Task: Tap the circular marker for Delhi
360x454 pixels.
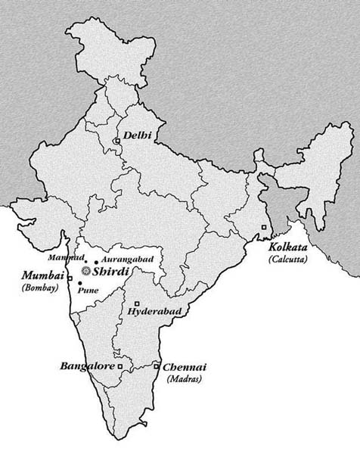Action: coord(116,141)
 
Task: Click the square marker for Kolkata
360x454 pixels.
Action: coord(263,228)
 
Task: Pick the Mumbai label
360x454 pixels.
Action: coord(40,275)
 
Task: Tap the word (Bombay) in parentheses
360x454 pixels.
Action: coord(40,288)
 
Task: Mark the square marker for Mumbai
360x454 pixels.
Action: coord(70,279)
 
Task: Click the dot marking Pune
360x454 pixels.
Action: coord(79,283)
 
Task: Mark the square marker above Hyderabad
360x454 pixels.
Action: coord(136,303)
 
